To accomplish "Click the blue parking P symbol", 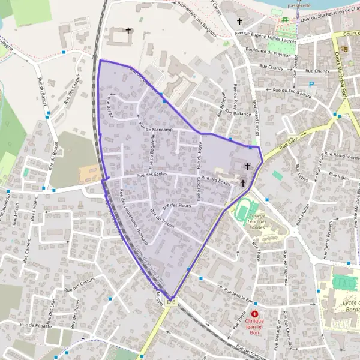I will (311, 85).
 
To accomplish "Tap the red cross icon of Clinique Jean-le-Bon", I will (255, 314).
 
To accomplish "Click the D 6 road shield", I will (172, 302).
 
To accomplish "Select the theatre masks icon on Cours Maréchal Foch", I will (344, 48).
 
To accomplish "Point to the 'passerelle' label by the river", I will (299, 5).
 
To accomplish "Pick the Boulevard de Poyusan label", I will (268, 52).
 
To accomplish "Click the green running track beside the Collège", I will (242, 209).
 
